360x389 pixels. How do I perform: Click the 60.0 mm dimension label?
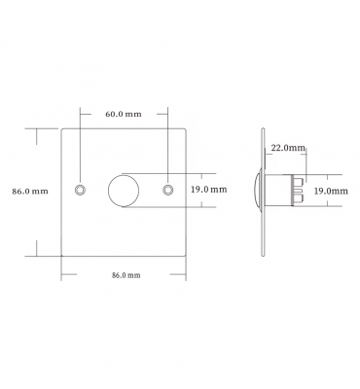coord(124,114)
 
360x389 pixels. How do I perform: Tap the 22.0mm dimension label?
coord(288,148)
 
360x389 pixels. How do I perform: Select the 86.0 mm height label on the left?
coord(30,192)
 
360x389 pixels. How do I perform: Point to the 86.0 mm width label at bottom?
coord(126,275)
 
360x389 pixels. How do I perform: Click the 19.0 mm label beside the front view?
coord(208,190)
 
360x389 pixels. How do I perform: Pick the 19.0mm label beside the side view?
coord(331,192)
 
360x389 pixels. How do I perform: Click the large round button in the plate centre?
coord(124,191)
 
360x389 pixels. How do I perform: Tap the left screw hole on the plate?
coord(80,190)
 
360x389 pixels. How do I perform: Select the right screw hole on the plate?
coord(167,190)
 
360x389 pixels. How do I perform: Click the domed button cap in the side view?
coord(258,190)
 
